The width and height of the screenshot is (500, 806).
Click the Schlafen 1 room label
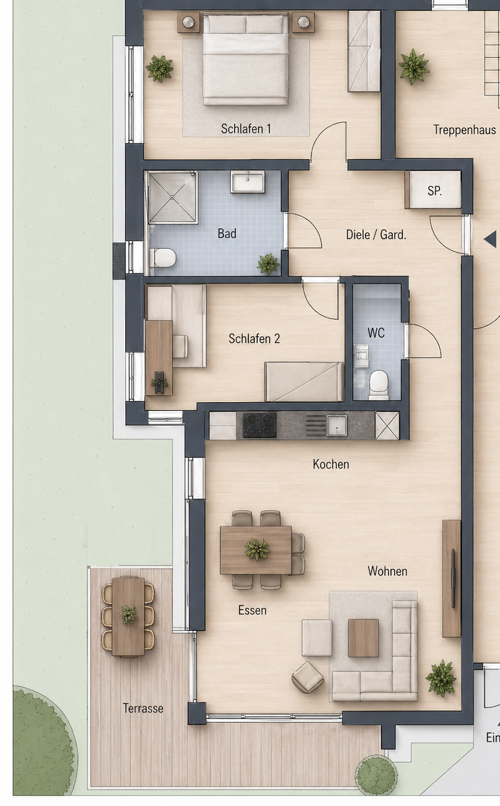[246, 129]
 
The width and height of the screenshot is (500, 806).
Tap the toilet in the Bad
[163, 258]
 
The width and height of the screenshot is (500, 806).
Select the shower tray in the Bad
[172, 197]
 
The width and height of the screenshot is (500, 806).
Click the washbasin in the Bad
[247, 181]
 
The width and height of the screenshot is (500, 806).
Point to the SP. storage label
[435, 191]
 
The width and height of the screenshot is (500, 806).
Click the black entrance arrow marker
[490, 238]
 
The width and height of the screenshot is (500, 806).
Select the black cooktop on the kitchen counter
[259, 425]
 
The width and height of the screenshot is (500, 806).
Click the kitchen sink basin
[337, 425]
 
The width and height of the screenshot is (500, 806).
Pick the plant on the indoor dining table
[257, 549]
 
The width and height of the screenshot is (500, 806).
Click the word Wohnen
[387, 571]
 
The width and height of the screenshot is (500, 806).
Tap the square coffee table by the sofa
[363, 638]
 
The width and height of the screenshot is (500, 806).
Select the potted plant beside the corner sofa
[441, 678]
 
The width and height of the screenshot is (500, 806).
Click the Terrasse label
[143, 708]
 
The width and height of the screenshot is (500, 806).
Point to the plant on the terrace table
[128, 614]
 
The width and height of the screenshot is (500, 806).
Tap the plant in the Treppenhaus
[414, 67]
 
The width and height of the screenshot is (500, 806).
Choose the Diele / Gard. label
[376, 235]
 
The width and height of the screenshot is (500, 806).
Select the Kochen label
[330, 464]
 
